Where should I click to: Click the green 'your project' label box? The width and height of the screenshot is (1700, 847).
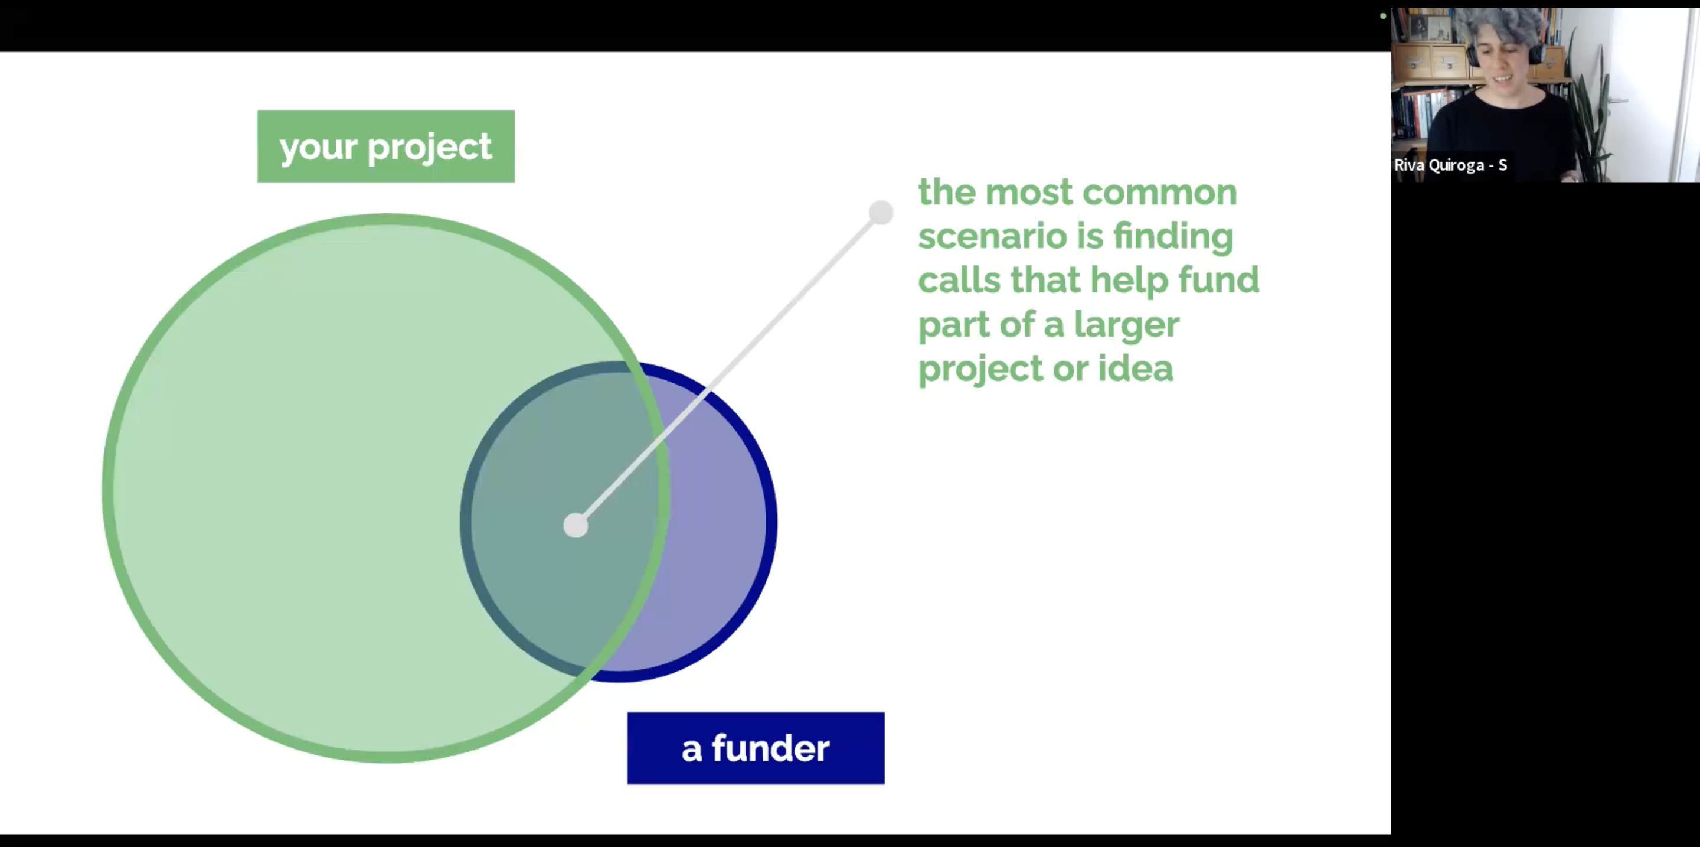point(385,146)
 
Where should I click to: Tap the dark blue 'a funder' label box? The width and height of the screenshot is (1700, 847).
point(755,748)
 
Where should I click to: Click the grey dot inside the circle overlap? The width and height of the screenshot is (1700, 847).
point(576,526)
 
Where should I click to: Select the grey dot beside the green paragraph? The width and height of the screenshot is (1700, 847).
point(880,213)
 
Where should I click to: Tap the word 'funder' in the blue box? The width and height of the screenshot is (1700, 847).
point(770,748)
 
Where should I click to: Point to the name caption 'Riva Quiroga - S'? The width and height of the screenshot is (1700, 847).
point(1450,165)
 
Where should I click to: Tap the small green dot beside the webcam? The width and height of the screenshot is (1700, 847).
point(1382,16)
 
